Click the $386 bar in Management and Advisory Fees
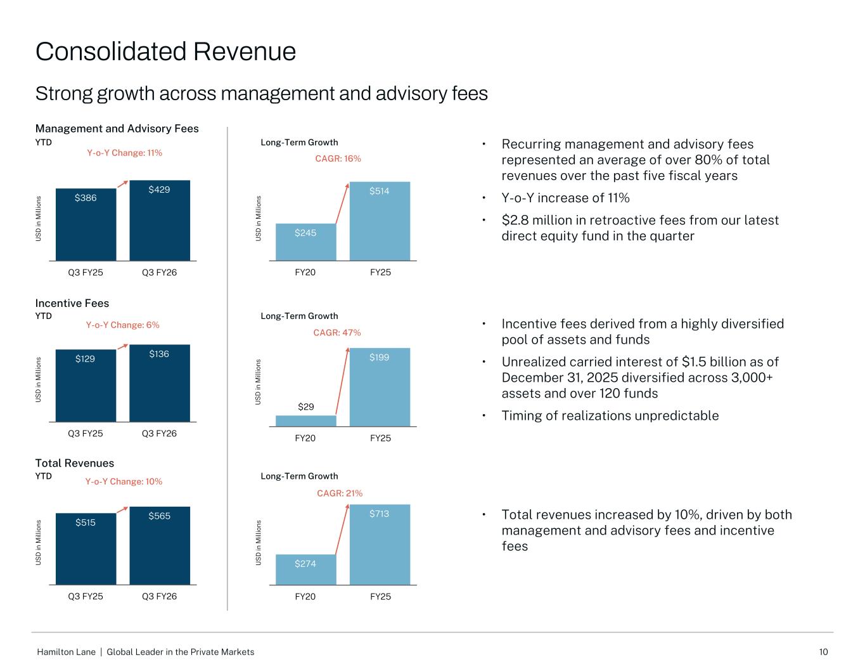pyautogui.click(x=86, y=224)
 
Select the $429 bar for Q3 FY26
pyautogui.click(x=160, y=221)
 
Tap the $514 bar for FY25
pyautogui.click(x=380, y=221)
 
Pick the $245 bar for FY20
pyautogui.click(x=305, y=242)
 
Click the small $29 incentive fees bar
pyautogui.click(x=305, y=420)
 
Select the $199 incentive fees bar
pyautogui.click(x=380, y=387)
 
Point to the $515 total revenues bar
pyautogui.click(x=86, y=549)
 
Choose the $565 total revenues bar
pyautogui.click(x=160, y=545)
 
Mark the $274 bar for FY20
pyautogui.click(x=305, y=569)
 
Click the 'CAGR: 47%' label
pyautogui.click(x=337, y=333)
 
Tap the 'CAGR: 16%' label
pyautogui.click(x=338, y=159)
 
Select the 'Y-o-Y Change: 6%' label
pyautogui.click(x=122, y=325)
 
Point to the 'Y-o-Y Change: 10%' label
pyautogui.click(x=124, y=481)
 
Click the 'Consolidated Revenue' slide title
pyautogui.click(x=165, y=51)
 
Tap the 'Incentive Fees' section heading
pyautogui.click(x=72, y=303)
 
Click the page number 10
pyautogui.click(x=823, y=652)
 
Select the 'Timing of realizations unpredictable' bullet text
pyautogui.click(x=610, y=415)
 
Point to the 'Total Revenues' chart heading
pyautogui.click(x=75, y=463)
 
